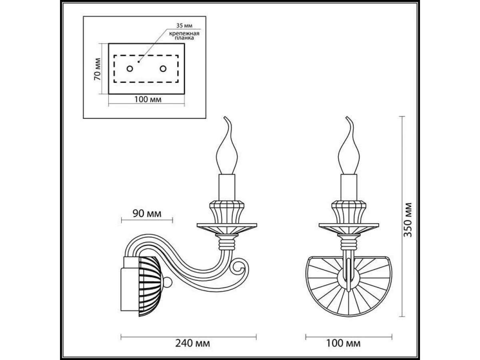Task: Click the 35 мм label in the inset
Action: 184,26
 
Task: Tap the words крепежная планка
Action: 184,36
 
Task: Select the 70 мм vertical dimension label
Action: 97,69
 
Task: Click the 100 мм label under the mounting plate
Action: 148,100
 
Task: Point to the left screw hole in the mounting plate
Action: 130,69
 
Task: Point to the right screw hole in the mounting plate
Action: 163,69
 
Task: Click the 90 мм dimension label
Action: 147,214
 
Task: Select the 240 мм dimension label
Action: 192,343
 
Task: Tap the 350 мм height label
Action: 407,220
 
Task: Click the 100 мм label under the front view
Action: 343,343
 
